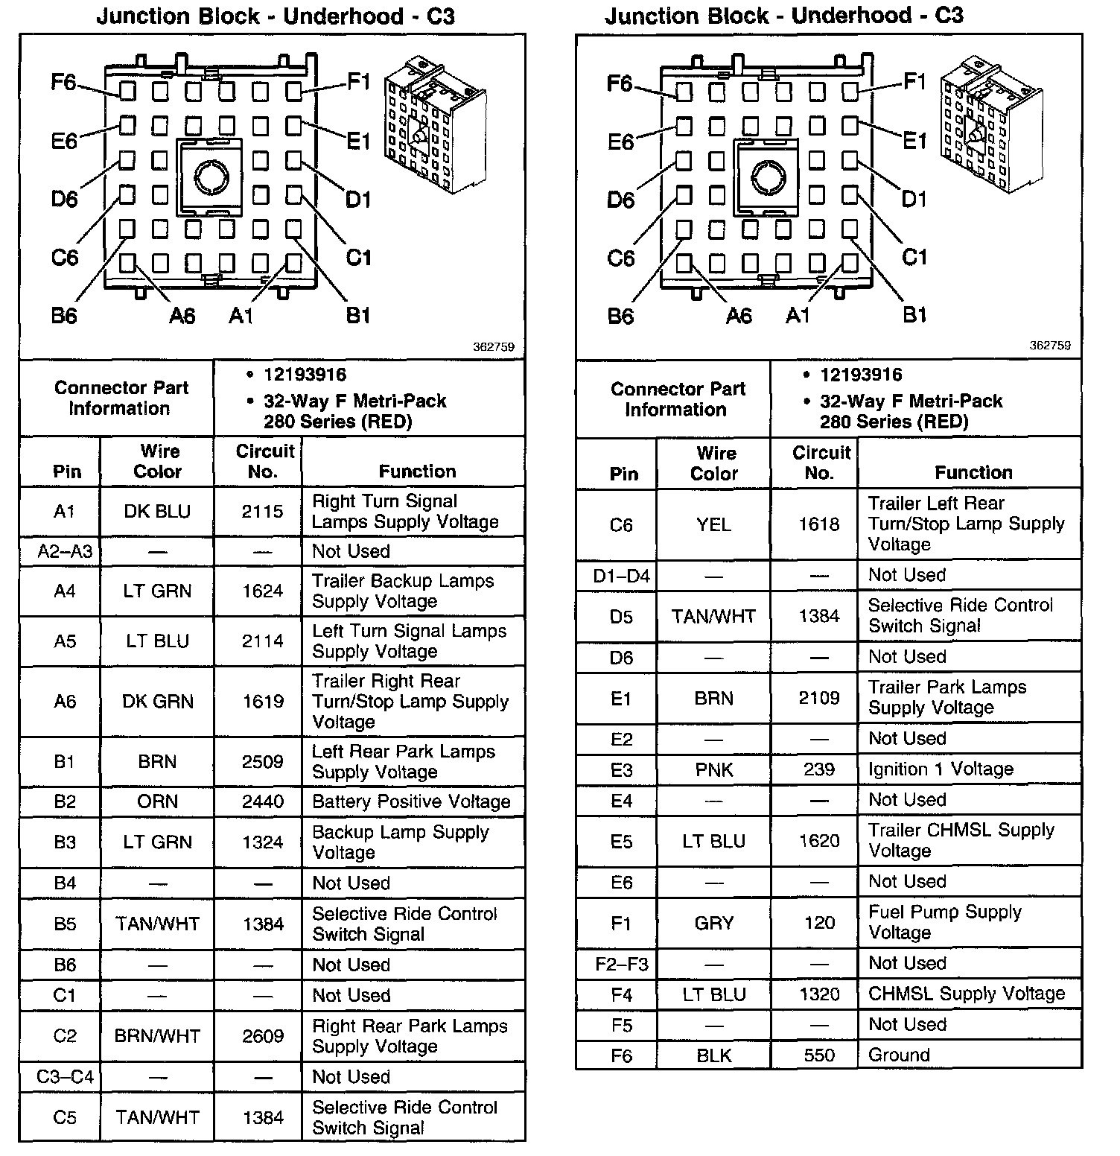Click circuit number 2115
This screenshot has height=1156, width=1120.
pos(262,512)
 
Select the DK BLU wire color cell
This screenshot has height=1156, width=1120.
pos(157,512)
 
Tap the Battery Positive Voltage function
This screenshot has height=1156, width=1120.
pos(411,802)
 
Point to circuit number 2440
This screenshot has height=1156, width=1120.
pos(262,802)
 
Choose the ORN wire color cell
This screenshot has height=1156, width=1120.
pos(157,802)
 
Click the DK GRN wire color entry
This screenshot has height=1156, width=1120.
pos(157,702)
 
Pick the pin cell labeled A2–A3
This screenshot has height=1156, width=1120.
pos(65,552)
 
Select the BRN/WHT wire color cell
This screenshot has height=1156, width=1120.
pos(157,1036)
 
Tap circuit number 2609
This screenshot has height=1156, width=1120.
pos(262,1036)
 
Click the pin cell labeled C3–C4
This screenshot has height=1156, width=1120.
pos(65,1077)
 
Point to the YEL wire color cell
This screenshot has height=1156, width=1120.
pos(713,525)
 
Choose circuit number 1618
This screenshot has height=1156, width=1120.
pos(819,525)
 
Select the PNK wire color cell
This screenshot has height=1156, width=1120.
pos(713,769)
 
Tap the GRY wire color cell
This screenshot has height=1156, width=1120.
pos(713,924)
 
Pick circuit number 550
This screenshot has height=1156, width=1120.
pos(819,1055)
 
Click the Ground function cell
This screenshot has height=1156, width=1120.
pos(899,1055)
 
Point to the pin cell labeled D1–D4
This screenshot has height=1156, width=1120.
pos(621,576)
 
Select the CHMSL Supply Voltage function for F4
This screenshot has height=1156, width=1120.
pos(967,994)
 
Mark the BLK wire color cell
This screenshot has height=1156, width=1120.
pos(713,1055)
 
